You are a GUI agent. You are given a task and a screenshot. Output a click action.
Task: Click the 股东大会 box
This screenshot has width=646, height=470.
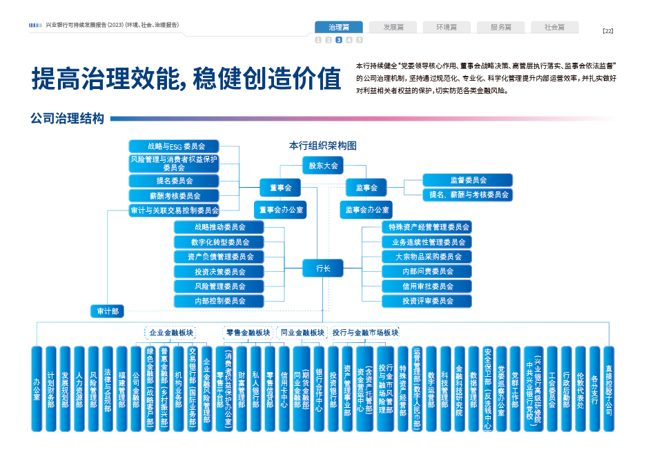click(323, 166)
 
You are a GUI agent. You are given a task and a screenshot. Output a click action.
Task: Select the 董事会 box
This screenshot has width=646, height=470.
click(279, 187)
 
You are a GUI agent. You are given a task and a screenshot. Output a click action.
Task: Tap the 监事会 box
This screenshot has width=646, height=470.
click(366, 187)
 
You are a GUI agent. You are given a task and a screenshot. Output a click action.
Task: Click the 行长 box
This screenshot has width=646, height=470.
click(323, 268)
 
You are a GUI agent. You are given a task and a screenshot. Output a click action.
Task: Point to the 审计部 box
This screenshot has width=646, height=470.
click(108, 311)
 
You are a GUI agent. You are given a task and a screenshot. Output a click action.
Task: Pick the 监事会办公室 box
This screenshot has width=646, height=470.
click(366, 209)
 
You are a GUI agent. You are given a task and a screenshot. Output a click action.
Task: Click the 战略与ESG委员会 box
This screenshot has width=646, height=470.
click(173, 146)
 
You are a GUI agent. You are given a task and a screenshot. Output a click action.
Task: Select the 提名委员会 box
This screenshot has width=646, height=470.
click(173, 181)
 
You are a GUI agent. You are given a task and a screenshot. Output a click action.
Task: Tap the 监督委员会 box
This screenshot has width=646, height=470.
click(468, 180)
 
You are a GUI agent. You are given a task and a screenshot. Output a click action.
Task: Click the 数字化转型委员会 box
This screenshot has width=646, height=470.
click(219, 242)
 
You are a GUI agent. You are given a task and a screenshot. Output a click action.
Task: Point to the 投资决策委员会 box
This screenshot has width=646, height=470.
click(219, 271)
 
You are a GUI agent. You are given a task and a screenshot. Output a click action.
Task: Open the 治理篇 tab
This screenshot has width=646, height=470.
click(338, 28)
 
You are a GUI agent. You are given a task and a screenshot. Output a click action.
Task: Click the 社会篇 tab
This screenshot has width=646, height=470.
click(554, 28)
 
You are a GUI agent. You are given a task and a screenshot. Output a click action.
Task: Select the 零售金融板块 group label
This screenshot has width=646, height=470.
click(248, 333)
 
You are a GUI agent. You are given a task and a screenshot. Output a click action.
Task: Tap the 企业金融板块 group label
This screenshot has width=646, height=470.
click(171, 333)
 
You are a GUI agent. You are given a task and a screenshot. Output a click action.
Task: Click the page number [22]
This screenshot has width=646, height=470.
click(607, 30)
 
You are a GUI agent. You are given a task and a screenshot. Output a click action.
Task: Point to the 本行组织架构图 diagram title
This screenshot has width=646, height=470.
click(322, 146)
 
